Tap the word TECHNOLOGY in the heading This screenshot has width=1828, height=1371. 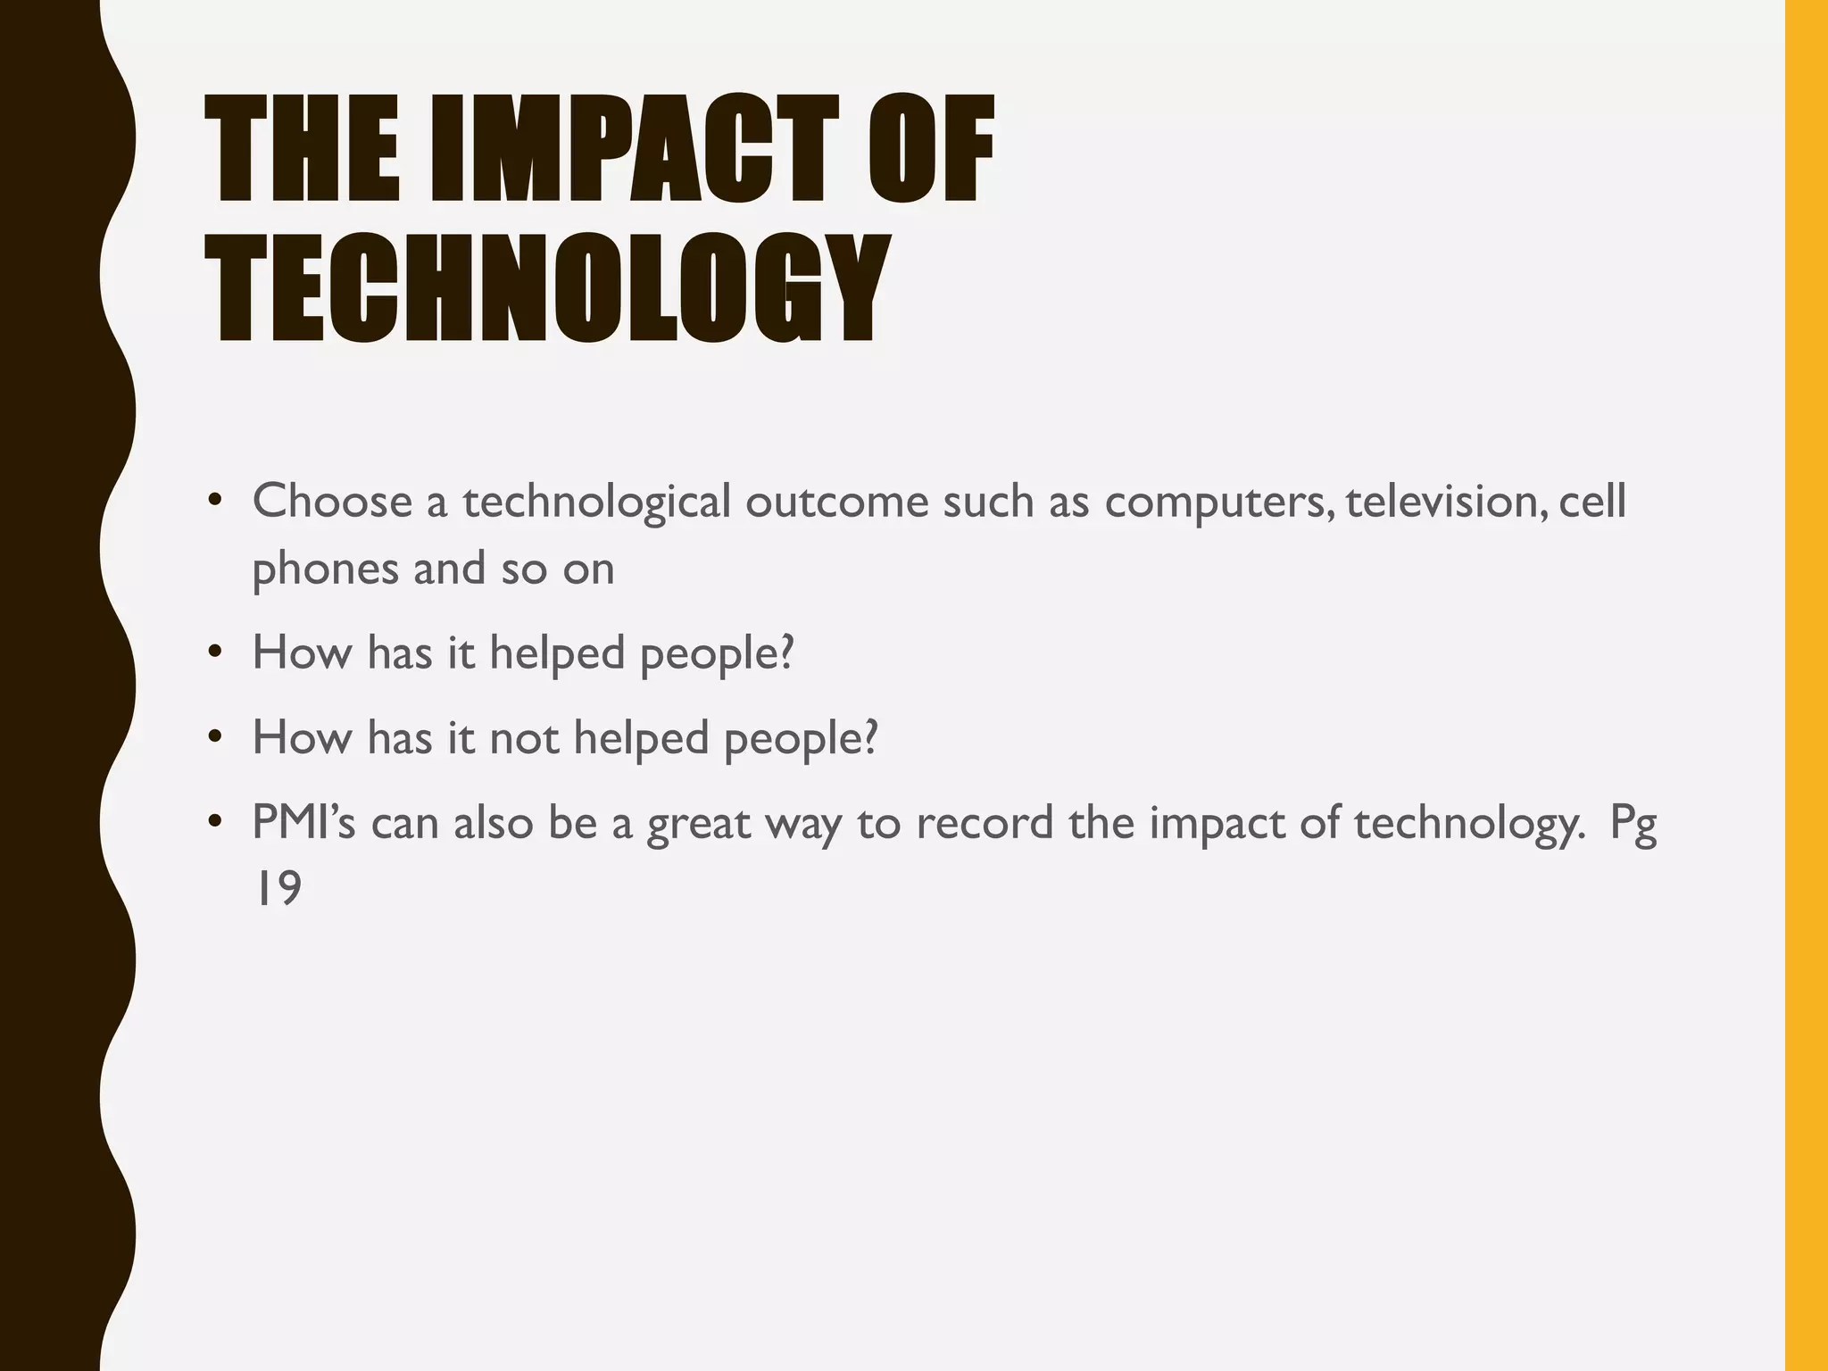[x=547, y=288]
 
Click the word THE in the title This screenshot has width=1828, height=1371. [x=302, y=150]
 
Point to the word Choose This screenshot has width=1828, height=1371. [x=332, y=501]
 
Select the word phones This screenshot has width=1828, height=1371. [x=325, y=569]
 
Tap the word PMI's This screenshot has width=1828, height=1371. [x=303, y=821]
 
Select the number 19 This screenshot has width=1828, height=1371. [x=278, y=888]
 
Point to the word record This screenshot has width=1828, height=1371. [x=985, y=821]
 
